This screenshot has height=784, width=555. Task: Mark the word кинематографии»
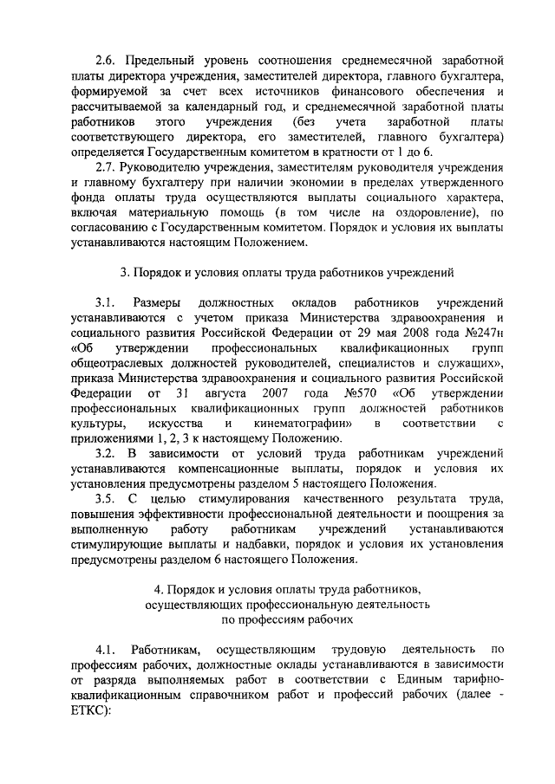click(303, 423)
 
